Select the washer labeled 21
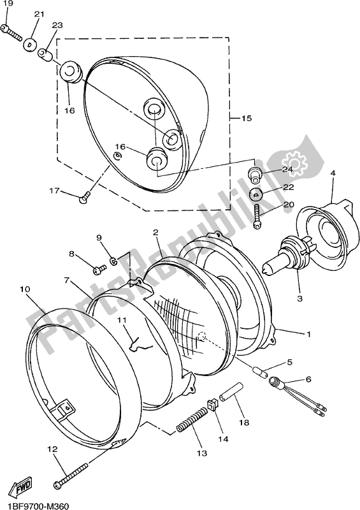pyautogui.click(x=29, y=45)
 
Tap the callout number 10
pyautogui.click(x=25, y=289)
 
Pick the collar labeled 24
pyautogui.click(x=256, y=174)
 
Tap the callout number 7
pyautogui.click(x=66, y=280)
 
